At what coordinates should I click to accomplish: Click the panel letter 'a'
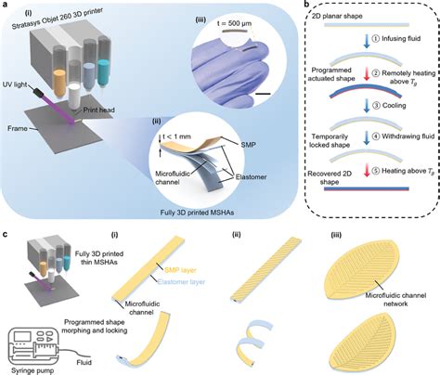click(x=6, y=6)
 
